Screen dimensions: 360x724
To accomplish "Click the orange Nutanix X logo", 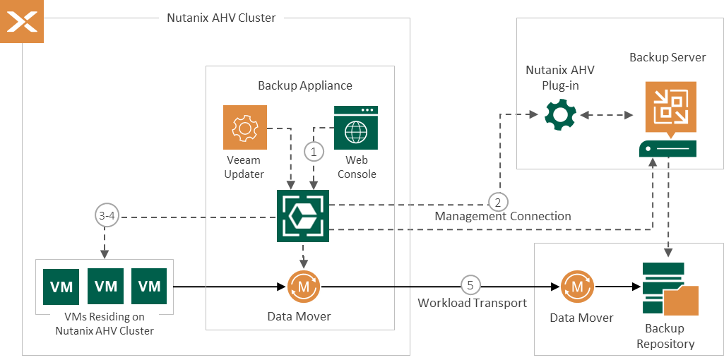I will [22, 21].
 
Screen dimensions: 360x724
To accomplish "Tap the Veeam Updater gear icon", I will [245, 127].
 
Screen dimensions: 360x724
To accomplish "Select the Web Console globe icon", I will [356, 128].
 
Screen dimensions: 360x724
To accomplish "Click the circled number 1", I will [314, 150].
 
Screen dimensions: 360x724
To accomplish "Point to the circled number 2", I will [499, 202].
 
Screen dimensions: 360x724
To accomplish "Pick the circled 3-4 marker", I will [105, 215].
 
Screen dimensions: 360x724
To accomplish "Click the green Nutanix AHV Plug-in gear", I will [560, 114].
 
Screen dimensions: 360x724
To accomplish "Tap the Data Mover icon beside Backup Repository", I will [578, 287].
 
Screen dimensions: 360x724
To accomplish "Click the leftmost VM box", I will [61, 286].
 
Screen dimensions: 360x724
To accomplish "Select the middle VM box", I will [106, 286].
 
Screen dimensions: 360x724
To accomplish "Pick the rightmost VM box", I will [150, 286].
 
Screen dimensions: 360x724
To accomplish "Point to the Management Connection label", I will [502, 216].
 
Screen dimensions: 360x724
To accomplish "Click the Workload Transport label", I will [472, 303].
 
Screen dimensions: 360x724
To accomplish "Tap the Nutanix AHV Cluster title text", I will [221, 18].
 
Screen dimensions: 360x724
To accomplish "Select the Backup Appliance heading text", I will [304, 85].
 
